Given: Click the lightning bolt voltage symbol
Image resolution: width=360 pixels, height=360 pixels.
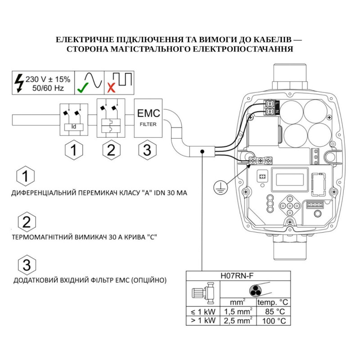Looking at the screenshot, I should point(18,82).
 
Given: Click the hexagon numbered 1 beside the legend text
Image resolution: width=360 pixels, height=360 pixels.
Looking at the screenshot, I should point(27,176).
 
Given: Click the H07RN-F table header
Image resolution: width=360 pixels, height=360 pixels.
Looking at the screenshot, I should point(238,276).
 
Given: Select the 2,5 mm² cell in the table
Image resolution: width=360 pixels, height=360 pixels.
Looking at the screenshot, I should point(238,320).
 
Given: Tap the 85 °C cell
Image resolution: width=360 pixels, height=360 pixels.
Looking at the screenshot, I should point(274,311).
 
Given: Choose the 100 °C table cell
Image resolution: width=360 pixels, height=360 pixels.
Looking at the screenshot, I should point(274,320).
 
